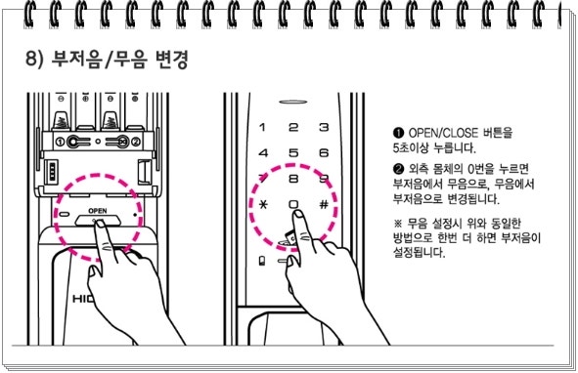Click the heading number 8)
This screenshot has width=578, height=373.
pyautogui.click(x=36, y=60)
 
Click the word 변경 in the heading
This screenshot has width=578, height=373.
pyautogui.click(x=171, y=60)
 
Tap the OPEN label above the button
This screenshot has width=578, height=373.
pyautogui.click(x=98, y=211)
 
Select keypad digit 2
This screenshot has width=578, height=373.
pyautogui.click(x=293, y=127)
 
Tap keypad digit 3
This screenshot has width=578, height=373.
pyautogui.click(x=324, y=127)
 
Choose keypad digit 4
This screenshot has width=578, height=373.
pyautogui.click(x=263, y=152)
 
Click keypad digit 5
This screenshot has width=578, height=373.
pyautogui.click(x=293, y=152)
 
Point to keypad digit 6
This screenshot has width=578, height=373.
pyautogui.click(x=324, y=152)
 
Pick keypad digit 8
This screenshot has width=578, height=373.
pyautogui.click(x=293, y=179)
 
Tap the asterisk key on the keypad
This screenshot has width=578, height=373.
pyautogui.click(x=263, y=205)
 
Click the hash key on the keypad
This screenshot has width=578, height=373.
pyautogui.click(x=324, y=205)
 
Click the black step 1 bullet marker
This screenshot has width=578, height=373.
pyautogui.click(x=398, y=133)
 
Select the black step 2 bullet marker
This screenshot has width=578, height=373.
pyautogui.click(x=398, y=169)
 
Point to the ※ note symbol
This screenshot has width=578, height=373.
pyautogui.click(x=398, y=224)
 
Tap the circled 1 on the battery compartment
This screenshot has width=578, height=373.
pyautogui.click(x=60, y=142)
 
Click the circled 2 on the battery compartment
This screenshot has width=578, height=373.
pyautogui.click(x=136, y=142)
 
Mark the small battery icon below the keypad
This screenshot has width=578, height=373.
pyautogui.click(x=262, y=261)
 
